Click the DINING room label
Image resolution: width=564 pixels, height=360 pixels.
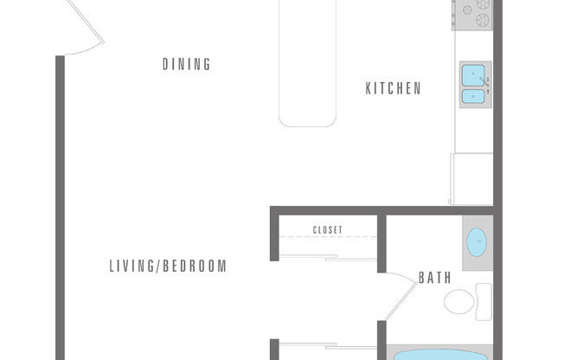(x=186, y=64)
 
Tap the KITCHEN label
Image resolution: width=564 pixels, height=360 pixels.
(x=393, y=88)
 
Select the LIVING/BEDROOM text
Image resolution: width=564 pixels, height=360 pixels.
(x=168, y=266)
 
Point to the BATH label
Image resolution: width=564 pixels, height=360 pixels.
(x=435, y=278)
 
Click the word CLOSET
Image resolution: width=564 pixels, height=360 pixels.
(x=327, y=229)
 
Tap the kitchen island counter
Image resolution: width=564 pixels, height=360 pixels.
(x=308, y=63)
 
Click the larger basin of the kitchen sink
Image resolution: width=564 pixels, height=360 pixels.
(x=473, y=75)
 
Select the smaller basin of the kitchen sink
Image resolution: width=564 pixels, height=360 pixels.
(x=473, y=96)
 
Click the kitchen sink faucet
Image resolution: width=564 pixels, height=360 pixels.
(x=485, y=83)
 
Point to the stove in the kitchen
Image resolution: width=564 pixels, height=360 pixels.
(x=472, y=15)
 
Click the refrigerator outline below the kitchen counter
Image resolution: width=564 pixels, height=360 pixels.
(x=471, y=179)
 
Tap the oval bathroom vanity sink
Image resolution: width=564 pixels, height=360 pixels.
(x=477, y=242)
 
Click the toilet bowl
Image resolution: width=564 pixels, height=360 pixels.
(x=459, y=302)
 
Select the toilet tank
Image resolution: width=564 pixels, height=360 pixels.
(x=484, y=302)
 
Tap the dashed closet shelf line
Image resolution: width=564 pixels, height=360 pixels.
(x=328, y=236)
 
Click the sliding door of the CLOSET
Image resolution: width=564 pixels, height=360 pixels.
(x=328, y=257)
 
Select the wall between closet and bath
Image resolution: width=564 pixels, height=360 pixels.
(x=381, y=244)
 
